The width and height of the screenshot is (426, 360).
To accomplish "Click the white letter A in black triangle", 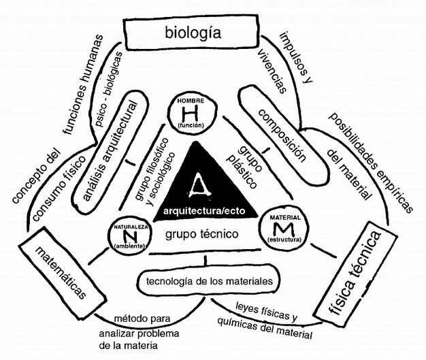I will click(198, 182).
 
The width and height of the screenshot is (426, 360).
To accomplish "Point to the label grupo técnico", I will click(201, 235).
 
